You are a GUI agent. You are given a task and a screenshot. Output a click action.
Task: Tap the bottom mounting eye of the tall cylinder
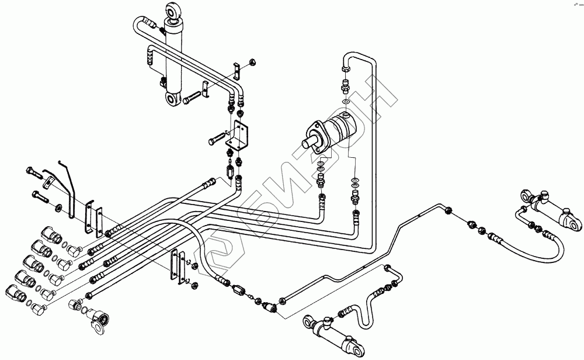[173, 100]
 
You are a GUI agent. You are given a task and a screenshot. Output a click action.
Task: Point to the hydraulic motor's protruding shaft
[310, 142]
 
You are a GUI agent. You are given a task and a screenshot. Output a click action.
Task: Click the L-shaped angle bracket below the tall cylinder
[239, 136]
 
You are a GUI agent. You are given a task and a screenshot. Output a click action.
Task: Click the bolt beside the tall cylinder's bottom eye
[192, 99]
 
